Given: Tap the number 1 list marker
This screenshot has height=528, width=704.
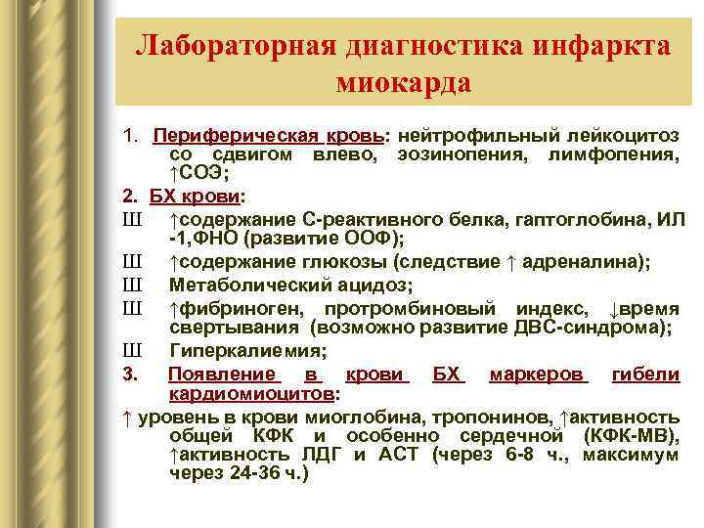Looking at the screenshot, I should point(130,134).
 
